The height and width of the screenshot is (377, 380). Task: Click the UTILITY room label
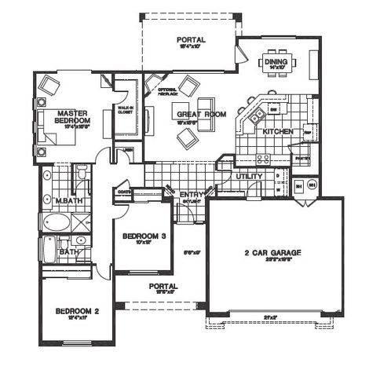point(249,178)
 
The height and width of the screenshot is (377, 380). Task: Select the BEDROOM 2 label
point(76,312)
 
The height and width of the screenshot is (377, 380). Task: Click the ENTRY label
point(192,194)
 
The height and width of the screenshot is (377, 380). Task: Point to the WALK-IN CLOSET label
point(125,110)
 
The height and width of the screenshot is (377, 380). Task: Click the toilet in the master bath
point(81,174)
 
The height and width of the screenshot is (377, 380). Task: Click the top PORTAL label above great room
point(191,39)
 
